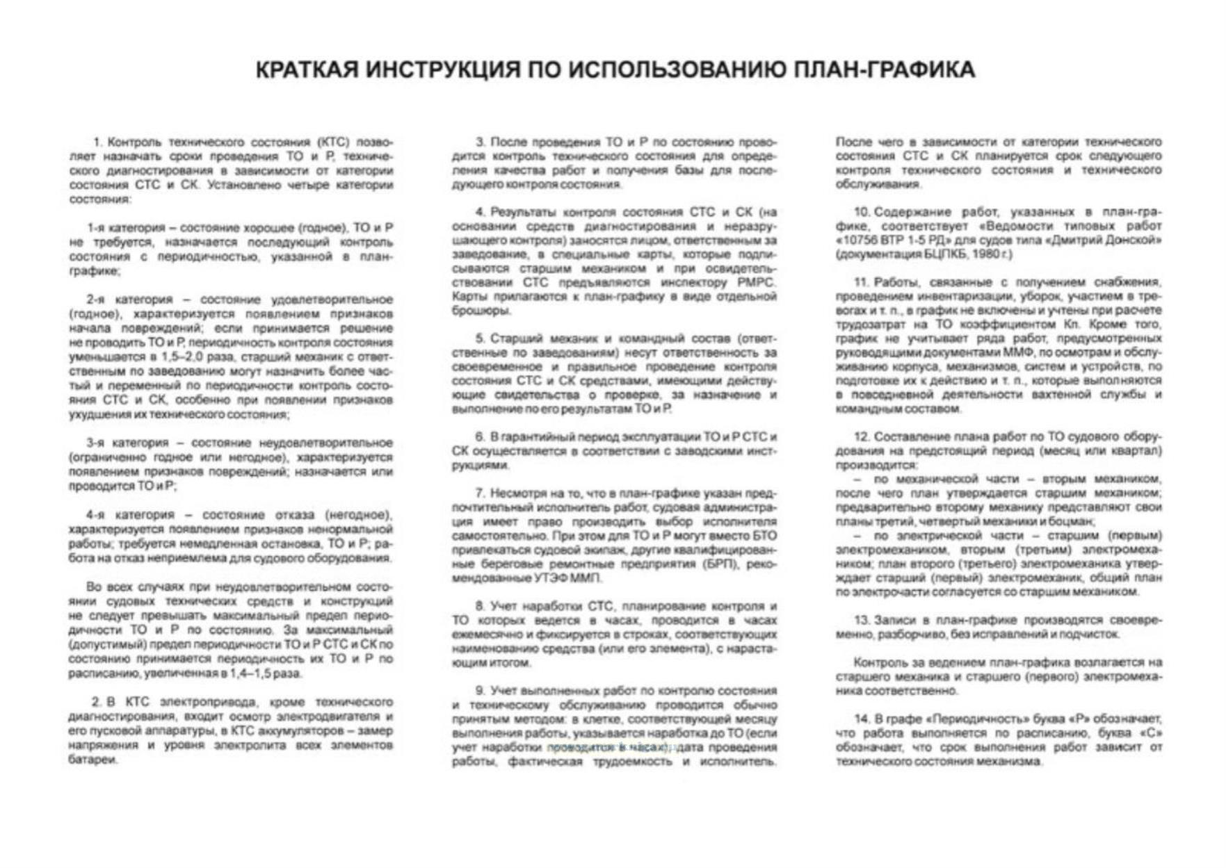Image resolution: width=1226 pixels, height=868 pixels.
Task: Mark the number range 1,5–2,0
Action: coord(209,357)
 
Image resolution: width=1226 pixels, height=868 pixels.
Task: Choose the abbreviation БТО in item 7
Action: coord(764,536)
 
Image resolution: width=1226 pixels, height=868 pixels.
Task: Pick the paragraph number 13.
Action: coord(862,620)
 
